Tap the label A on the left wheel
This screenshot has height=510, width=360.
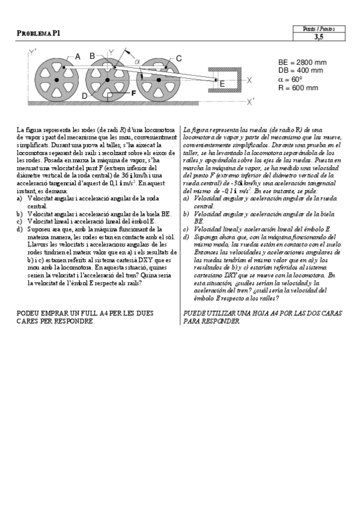77,56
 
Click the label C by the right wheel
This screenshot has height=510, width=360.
178,58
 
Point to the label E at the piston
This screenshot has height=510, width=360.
222,84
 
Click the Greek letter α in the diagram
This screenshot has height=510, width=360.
137,61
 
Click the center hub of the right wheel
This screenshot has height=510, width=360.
159,79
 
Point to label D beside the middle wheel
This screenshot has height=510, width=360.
85,96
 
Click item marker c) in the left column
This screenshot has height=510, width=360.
20,221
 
